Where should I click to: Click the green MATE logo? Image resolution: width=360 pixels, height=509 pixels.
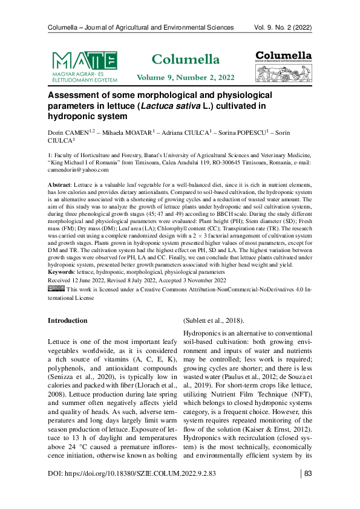click(x=85, y=65)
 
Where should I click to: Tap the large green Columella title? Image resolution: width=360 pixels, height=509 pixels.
click(x=185, y=59)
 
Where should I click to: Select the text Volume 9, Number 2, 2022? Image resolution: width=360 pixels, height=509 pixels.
click(x=185, y=78)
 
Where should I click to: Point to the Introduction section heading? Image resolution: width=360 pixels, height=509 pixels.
click(x=68, y=320)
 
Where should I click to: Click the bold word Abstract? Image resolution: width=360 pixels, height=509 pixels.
click(x=59, y=183)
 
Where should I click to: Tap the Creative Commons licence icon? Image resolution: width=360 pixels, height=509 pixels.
click(x=56, y=289)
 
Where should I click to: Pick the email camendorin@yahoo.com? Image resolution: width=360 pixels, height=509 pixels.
click(x=78, y=170)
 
